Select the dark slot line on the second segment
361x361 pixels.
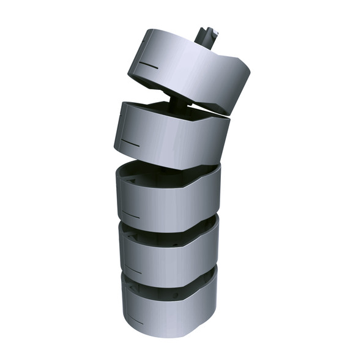coord(131,143)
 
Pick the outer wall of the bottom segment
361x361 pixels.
coord(171,315)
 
